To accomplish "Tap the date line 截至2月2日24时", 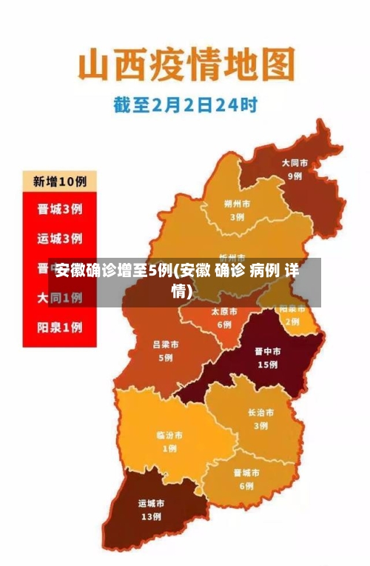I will [185, 105].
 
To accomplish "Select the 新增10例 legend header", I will [60, 181].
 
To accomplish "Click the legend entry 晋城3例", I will [60, 210].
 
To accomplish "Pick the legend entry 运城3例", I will [60, 239].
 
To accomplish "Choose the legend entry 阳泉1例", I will [60, 327].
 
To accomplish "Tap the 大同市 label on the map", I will [295, 163].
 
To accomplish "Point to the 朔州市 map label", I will [237, 204].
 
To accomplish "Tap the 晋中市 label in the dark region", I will [267, 352].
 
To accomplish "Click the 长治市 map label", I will [260, 413].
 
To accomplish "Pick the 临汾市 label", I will [169, 435].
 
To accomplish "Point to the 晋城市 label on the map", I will [246, 473].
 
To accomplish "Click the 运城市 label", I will [151, 504].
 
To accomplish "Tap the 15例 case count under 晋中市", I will [267, 365].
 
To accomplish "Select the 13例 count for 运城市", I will [151, 517].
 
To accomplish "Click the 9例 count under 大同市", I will [295, 176].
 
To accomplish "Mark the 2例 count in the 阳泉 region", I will [293, 322].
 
